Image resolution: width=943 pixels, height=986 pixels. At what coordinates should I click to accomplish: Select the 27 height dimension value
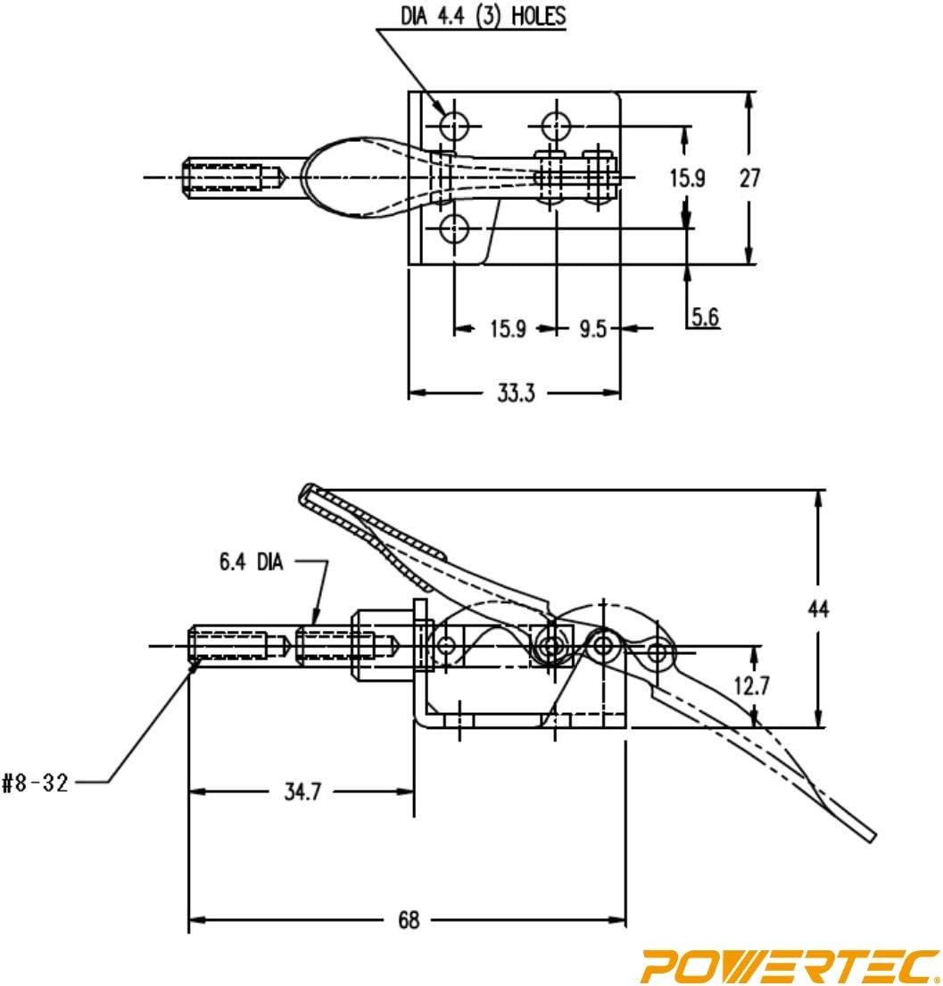[749, 178]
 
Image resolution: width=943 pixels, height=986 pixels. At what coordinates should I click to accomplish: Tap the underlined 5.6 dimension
[704, 316]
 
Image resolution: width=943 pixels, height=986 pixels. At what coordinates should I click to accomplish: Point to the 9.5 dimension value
[592, 329]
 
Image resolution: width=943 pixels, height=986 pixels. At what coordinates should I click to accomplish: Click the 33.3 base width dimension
[515, 394]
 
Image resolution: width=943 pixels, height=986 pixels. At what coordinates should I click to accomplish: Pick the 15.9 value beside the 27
[687, 178]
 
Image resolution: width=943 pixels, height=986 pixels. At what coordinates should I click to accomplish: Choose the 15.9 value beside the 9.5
[506, 329]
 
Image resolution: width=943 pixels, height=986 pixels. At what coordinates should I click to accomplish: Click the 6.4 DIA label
[252, 563]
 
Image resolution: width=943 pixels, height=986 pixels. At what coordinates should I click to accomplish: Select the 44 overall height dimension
[817, 609]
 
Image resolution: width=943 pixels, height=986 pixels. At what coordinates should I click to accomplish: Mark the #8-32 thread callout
[36, 783]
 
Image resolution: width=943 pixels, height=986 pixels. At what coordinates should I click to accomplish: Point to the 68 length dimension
[408, 920]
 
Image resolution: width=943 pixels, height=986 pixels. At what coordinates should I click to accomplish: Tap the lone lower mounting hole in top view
[456, 229]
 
